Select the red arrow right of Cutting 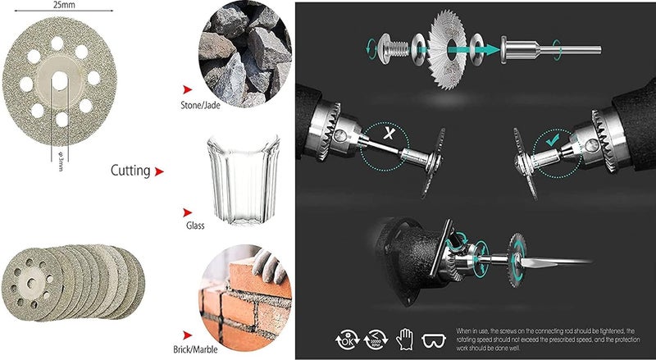click(159, 172)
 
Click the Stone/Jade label click(207, 106)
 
